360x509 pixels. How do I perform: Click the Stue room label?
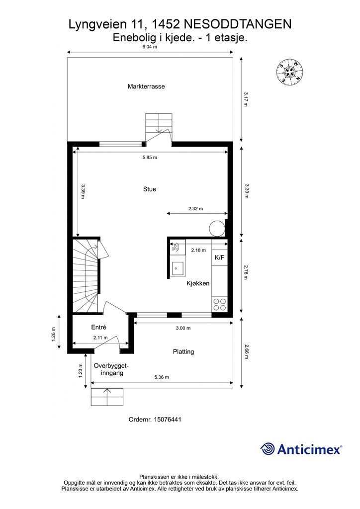click(x=149, y=189)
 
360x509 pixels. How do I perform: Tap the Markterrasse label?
click(x=146, y=86)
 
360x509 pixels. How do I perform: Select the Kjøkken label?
click(x=198, y=283)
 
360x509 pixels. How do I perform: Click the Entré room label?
click(x=98, y=327)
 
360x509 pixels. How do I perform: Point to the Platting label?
click(x=183, y=351)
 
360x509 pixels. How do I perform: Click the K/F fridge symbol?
click(x=219, y=257)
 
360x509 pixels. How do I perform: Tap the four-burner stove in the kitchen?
click(x=219, y=304)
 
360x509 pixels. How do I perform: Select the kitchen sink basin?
click(x=178, y=268)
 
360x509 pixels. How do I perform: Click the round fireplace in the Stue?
click(x=216, y=228)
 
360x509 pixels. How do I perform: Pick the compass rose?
click(x=289, y=73)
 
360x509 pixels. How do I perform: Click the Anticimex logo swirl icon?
click(x=268, y=449)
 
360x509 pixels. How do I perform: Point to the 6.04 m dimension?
click(x=150, y=46)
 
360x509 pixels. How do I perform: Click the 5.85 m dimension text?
click(x=150, y=158)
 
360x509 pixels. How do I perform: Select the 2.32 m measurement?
click(x=195, y=209)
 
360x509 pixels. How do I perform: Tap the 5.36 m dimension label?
click(x=162, y=377)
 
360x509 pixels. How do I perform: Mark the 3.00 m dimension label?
click(x=183, y=328)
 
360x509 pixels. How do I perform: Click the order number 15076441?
click(x=168, y=420)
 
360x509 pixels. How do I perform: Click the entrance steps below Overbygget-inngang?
click(x=107, y=397)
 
